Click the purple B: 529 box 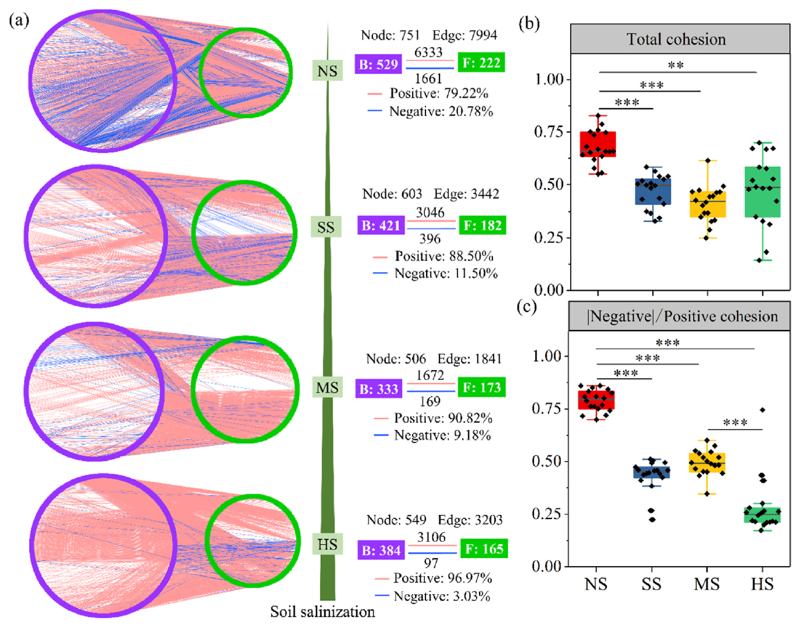[x=378, y=64]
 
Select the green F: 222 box [x=481, y=63]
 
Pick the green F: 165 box [x=484, y=549]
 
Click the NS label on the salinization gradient [x=327, y=71]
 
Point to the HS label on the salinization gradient [x=327, y=545]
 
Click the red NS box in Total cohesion [x=597, y=144]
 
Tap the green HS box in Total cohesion [x=762, y=192]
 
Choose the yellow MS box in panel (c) [x=707, y=463]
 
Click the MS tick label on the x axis [x=707, y=584]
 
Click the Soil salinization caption [x=322, y=612]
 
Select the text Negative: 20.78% [x=441, y=111]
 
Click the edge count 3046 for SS [x=430, y=213]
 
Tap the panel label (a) [x=19, y=21]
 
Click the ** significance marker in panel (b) [x=676, y=65]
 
